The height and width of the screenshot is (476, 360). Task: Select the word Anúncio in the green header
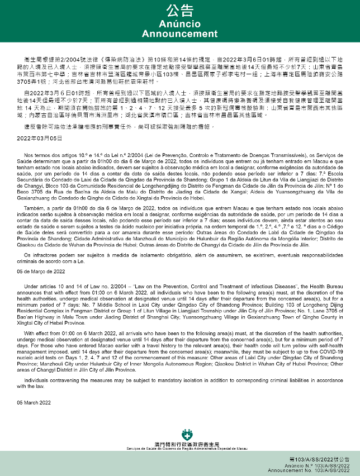(179, 25)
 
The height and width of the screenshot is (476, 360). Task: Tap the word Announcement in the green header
(179, 34)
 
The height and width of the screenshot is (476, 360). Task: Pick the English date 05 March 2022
(34, 402)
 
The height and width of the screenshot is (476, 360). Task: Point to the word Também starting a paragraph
(35, 207)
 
